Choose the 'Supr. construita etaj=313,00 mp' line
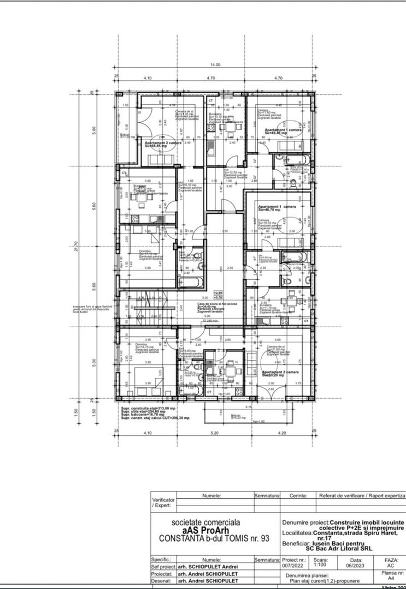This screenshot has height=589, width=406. point(149,408)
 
